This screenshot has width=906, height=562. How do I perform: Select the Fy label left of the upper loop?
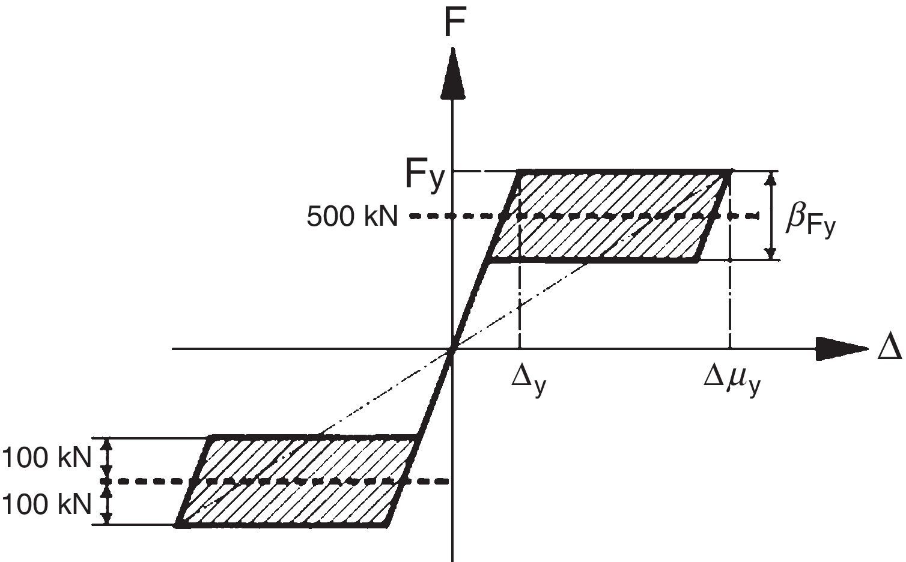click(425, 175)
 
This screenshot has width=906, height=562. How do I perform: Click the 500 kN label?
click(352, 216)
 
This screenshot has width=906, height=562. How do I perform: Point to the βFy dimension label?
click(810, 223)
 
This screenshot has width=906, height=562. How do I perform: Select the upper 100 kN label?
click(47, 459)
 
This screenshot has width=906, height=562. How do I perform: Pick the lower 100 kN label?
click(47, 504)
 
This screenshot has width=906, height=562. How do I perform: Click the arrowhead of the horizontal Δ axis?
click(841, 349)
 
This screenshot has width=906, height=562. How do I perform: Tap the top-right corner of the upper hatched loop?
click(729, 173)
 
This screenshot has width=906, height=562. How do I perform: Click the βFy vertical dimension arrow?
click(771, 216)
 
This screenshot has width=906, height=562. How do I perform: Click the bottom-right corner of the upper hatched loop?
click(697, 261)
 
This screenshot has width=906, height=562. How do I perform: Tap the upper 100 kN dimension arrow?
click(108, 459)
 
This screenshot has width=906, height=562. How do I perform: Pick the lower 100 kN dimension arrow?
click(108, 504)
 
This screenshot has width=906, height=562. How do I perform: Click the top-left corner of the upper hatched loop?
click(519, 173)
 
